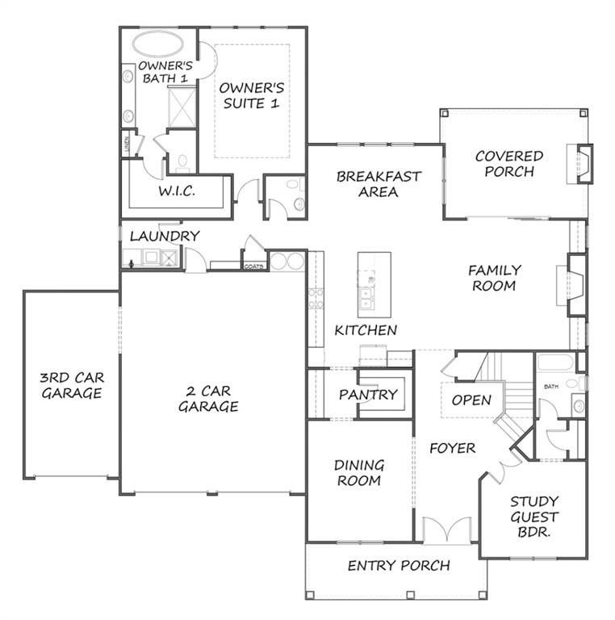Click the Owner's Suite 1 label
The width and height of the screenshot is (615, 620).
[252, 95]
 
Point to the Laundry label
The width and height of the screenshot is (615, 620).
[164, 236]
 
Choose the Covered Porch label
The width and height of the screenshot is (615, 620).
[509, 163]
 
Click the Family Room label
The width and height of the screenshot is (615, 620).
[496, 278]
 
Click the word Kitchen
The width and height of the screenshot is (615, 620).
[366, 330]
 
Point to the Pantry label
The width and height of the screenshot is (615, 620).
[368, 395]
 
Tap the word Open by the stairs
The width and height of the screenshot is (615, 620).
[471, 400]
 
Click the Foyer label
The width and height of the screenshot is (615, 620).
[452, 448]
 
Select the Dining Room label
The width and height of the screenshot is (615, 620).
[359, 473]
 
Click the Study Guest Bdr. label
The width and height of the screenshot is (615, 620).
[534, 517]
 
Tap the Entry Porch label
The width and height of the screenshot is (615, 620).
[399, 565]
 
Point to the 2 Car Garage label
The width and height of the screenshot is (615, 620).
[208, 399]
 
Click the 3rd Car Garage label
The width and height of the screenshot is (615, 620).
[72, 385]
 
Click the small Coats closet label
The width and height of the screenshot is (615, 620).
[253, 266]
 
